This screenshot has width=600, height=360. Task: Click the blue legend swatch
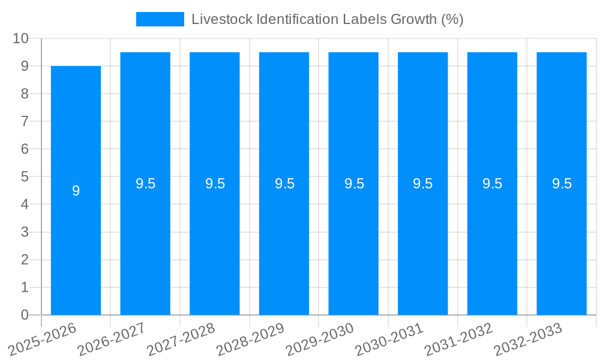[x=160, y=19]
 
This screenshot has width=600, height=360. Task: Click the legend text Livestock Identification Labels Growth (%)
[x=327, y=19]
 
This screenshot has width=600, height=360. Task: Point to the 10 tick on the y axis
[x=20, y=38]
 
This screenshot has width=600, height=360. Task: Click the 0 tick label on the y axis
[x=25, y=315]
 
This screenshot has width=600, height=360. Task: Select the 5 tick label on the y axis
[x=25, y=177]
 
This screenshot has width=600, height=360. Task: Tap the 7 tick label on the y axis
[x=25, y=121]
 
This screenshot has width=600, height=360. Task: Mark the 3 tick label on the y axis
[x=25, y=232]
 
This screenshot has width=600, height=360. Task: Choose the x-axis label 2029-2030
[x=320, y=340]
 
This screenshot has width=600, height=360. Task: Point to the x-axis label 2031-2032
[x=459, y=340]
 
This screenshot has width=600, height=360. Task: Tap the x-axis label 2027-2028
[x=181, y=340]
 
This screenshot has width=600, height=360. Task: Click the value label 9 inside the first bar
[x=76, y=191]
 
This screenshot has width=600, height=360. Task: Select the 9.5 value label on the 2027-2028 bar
[x=215, y=184]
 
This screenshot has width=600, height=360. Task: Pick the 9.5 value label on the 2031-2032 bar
[x=492, y=184]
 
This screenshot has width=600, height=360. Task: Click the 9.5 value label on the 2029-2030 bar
[x=354, y=184]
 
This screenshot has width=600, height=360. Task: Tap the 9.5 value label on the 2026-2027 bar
[x=145, y=184]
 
